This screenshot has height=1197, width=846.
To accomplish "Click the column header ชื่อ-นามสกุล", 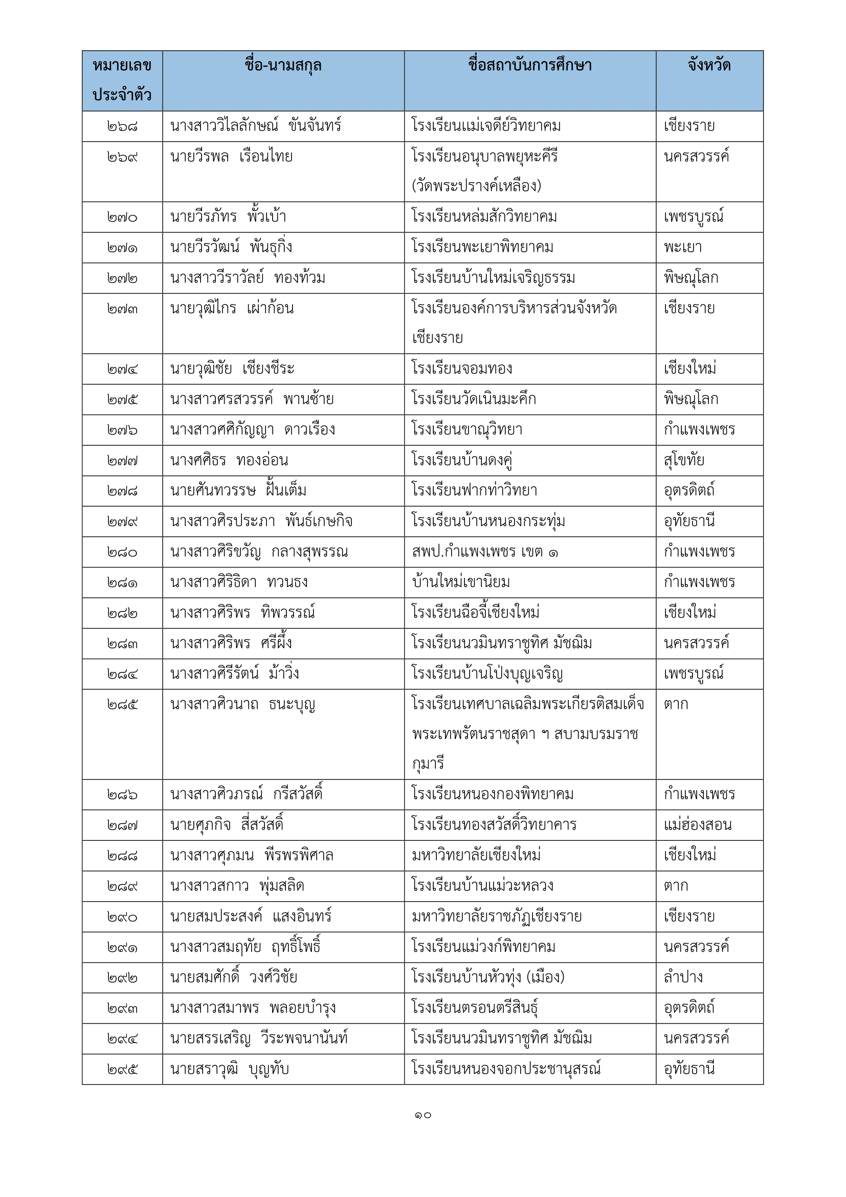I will point(283,66).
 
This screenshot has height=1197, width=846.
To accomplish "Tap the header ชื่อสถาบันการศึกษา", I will point(529,66).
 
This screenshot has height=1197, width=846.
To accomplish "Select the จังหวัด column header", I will point(709,66).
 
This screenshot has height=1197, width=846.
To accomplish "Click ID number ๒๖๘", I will point(122,126).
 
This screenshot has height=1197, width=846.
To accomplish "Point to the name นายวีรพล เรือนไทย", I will point(231,157).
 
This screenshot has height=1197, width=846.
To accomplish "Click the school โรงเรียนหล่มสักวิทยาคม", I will point(484,217).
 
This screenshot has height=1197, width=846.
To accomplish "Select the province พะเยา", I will point(682,247).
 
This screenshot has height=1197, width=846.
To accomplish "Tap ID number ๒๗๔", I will point(122,369).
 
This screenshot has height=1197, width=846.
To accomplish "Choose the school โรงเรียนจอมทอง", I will point(461,368).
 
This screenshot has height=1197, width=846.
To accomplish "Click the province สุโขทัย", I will point(683,461).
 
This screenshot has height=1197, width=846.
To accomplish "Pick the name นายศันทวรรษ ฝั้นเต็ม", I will point(238,491).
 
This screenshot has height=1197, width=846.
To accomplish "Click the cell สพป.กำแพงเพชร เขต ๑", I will point(484,552).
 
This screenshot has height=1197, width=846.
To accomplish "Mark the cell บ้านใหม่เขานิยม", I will point(461,582).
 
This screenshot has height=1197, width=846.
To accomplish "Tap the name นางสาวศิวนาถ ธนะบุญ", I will point(243,704).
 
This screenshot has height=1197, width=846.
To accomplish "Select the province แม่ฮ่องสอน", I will point(698,825).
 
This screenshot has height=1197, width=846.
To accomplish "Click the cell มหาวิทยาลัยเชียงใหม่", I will point(476,856).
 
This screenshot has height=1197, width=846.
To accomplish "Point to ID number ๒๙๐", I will point(122,917).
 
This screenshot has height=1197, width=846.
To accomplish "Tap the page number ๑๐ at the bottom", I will point(422,1115).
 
